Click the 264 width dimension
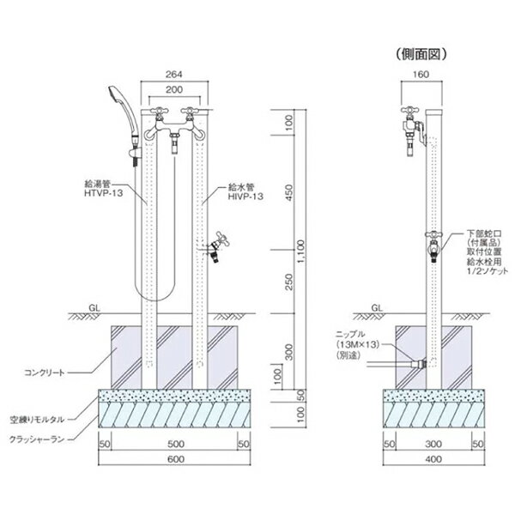click(x=173, y=75)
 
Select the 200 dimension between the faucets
click(x=174, y=89)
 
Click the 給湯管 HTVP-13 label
click(x=103, y=189)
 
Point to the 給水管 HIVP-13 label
click(x=245, y=191)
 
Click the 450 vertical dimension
click(x=288, y=193)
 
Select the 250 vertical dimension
click(x=288, y=282)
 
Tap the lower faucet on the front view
click(x=217, y=248)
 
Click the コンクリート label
click(x=45, y=373)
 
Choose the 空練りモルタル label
click(x=37, y=420)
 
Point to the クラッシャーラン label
click(x=37, y=439)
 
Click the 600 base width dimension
click(x=176, y=459)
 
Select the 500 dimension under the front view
click(x=176, y=444)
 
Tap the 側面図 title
click(x=421, y=55)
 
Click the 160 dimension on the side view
click(x=421, y=75)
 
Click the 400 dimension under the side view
click(x=433, y=459)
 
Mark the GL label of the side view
click(x=377, y=308)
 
